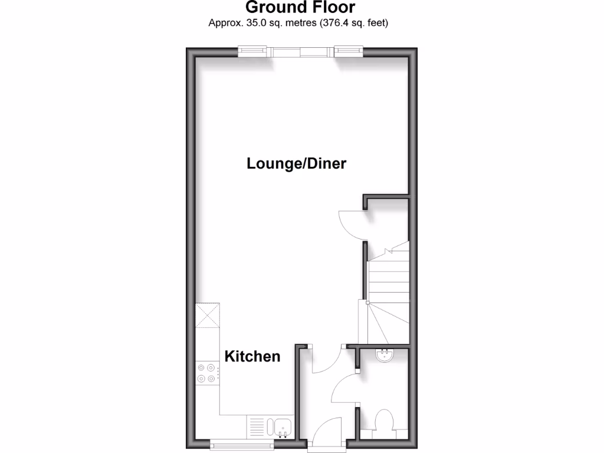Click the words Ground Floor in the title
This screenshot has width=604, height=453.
[300, 8]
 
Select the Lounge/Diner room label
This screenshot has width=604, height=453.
[296, 163]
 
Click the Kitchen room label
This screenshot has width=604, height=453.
[252, 356]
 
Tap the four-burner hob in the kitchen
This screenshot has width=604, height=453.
[207, 373]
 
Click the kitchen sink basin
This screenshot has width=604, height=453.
[281, 426]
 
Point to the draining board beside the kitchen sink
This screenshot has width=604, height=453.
[257, 426]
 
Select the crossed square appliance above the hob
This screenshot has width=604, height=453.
[208, 315]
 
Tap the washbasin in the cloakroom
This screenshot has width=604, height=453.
[386, 355]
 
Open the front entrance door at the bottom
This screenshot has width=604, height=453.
[327, 436]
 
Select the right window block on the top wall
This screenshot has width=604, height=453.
[348, 52]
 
